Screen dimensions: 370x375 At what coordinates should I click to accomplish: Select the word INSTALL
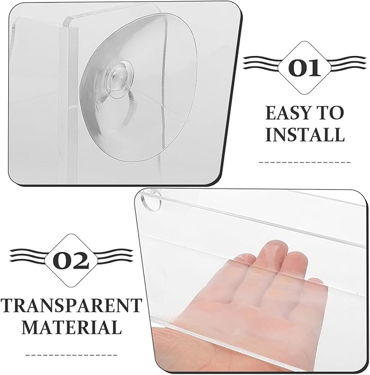pyautogui.click(x=305, y=134)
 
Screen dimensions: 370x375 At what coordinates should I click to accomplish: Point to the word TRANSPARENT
pyautogui.click(x=71, y=305)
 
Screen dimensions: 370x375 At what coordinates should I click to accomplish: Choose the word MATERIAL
pyautogui.click(x=71, y=327)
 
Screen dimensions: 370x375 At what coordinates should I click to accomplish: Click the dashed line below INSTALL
pyautogui.click(x=305, y=162)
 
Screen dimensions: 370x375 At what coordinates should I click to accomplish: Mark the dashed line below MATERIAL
pyautogui.click(x=71, y=355)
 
